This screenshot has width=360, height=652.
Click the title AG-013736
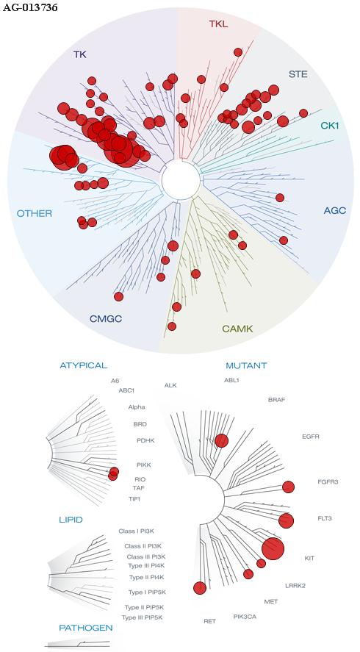[x=30, y=7]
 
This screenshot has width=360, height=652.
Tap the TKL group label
[x=218, y=24]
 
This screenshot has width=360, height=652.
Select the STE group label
[x=298, y=74]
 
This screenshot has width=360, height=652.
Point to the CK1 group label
[x=330, y=125]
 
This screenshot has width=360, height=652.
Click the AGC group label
[x=334, y=210]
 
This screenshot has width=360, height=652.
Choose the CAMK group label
[x=237, y=329]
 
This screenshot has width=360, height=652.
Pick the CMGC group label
[x=106, y=319]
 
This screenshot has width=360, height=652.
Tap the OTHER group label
[x=35, y=214]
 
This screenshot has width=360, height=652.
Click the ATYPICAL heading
[x=84, y=365]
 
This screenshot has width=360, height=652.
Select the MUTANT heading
[x=246, y=366]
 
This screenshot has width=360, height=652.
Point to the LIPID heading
[x=71, y=520]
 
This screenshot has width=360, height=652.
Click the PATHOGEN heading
[x=86, y=628]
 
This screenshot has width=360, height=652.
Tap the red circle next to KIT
[x=273, y=548]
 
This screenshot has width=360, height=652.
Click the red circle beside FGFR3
[x=288, y=487]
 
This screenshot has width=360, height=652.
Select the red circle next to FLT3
[x=286, y=520]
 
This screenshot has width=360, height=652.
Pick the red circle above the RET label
[x=200, y=588]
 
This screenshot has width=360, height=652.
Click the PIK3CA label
[x=245, y=616]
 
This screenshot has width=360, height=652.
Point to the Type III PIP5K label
[x=142, y=617]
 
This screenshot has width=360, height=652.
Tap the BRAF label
[x=277, y=400]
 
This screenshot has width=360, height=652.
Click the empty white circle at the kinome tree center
[x=181, y=180]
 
